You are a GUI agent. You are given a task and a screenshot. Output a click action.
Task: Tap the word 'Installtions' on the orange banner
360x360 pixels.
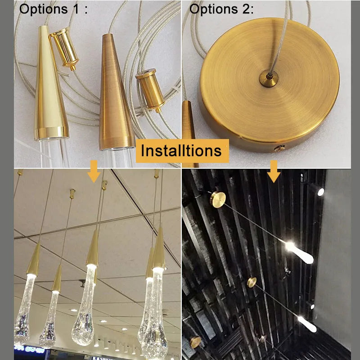click(x=181, y=150)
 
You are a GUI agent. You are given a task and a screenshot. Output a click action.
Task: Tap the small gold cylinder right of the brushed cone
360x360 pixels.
click(x=150, y=90)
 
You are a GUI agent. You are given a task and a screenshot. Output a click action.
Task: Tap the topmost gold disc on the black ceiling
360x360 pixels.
click(x=218, y=199)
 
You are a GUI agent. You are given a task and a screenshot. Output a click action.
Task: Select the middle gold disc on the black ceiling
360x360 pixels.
click(x=252, y=283)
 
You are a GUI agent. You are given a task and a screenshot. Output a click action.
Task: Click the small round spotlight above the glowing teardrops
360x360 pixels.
click(x=320, y=192)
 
